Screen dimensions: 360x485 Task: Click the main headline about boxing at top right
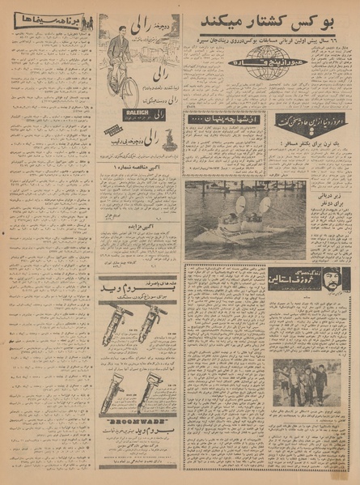pyautogui.click(x=269, y=19)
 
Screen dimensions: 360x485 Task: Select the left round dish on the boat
pyautogui.click(x=239, y=206)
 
